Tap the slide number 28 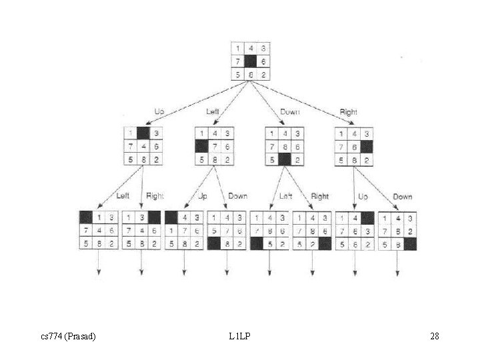434,336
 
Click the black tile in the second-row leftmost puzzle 142,133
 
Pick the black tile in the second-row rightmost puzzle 367,146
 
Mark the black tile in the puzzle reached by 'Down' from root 285,159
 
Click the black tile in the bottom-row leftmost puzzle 85,217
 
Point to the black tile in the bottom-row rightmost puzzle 409,244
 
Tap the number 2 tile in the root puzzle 264,74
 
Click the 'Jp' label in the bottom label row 203,197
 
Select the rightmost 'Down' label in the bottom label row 402,197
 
